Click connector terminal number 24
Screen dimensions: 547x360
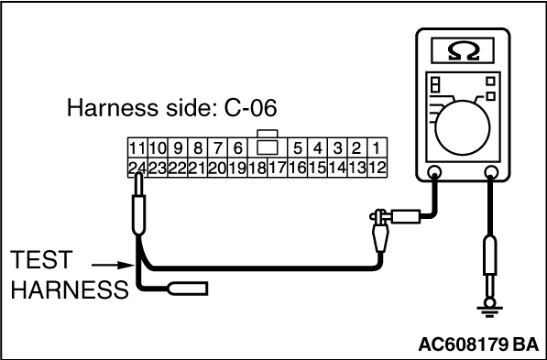click(x=137, y=169)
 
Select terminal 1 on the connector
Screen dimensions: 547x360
click(x=376, y=148)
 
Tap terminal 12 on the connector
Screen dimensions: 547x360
click(x=377, y=169)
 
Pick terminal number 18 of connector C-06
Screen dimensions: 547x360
click(x=257, y=169)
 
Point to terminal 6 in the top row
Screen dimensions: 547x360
click(x=237, y=148)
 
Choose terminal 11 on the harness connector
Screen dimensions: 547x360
click(x=137, y=148)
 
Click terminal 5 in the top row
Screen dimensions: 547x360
click(x=297, y=148)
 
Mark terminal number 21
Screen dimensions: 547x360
click(x=197, y=169)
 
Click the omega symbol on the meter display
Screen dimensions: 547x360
click(x=463, y=51)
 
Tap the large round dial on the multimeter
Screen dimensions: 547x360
click(x=463, y=127)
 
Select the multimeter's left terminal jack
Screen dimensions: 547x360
click(x=434, y=171)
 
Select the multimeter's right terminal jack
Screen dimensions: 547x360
click(x=491, y=171)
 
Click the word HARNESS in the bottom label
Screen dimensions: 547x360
click(x=70, y=290)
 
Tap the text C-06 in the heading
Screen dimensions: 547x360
click(x=250, y=108)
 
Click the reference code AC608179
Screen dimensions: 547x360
click(x=464, y=344)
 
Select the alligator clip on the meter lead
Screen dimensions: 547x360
click(x=380, y=230)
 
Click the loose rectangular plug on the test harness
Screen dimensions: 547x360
click(x=189, y=289)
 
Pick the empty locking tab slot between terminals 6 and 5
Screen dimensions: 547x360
click(x=268, y=147)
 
